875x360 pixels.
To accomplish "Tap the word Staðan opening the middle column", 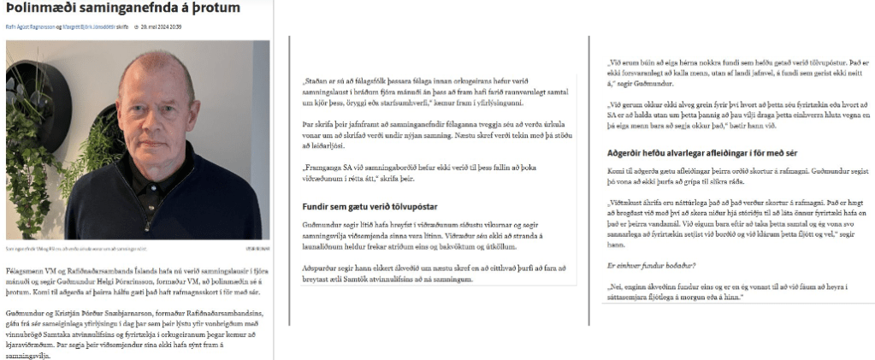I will (x=319, y=83).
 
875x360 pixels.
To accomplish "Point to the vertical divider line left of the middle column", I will (x=290, y=180).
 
